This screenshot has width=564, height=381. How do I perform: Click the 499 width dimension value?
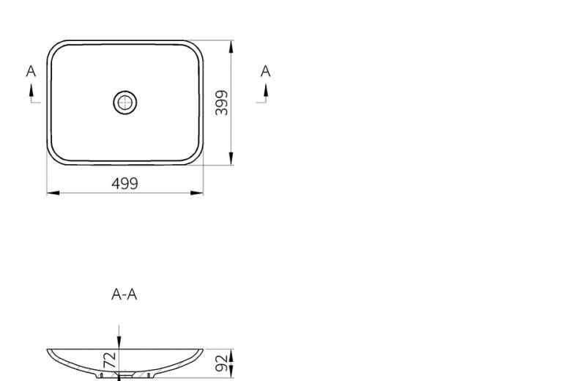tap(125, 183)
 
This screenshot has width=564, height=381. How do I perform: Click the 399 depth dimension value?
tap(221, 103)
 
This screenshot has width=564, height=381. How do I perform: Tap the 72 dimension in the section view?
tap(110, 360)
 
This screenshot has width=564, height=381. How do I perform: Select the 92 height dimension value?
tap(221, 363)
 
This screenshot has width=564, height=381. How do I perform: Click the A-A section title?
tap(124, 295)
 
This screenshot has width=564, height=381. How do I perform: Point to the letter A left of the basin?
tap(31, 71)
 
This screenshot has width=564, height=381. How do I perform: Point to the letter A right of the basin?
tap(265, 71)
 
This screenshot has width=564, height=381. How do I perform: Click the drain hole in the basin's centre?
tap(125, 103)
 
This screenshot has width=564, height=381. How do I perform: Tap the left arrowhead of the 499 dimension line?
tap(53, 193)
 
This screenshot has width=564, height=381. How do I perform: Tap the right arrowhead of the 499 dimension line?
tap(197, 193)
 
